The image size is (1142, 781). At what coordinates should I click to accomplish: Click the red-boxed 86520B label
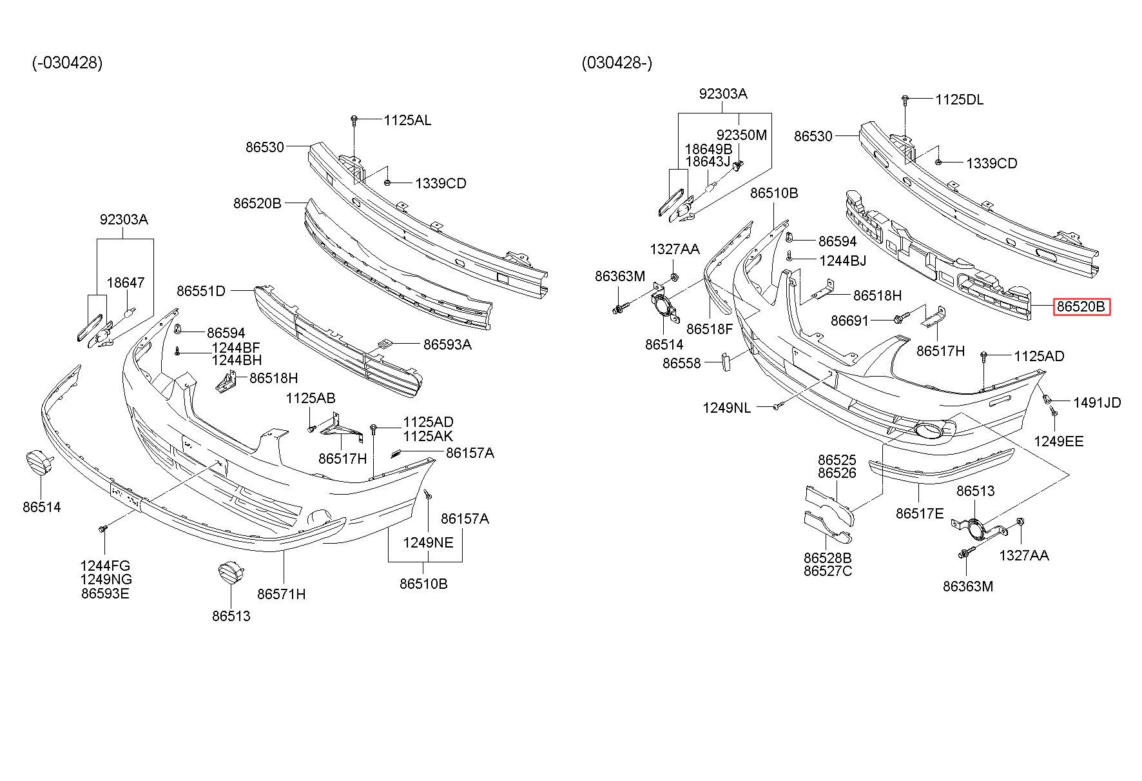pos(1082,307)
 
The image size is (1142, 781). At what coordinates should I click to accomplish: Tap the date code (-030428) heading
pos(68,63)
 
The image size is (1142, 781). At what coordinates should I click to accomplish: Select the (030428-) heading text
pos(617,63)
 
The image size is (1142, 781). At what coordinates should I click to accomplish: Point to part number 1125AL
pos(407,120)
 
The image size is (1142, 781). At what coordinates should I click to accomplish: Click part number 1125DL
pos(960,100)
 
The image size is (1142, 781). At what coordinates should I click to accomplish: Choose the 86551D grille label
pos(201,291)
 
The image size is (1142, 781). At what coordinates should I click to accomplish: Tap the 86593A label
pos(447,344)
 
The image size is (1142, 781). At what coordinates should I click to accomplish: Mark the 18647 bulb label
pos(126,282)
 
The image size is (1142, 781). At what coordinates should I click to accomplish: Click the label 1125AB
pos(311,399)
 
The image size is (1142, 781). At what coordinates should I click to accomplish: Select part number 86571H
pos(282,594)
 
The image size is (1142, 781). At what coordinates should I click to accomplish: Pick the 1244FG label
pos(105,566)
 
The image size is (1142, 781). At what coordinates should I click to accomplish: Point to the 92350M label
pos(742,135)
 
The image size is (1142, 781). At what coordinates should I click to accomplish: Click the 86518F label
pos(710,329)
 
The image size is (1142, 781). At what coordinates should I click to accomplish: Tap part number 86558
pos(681,364)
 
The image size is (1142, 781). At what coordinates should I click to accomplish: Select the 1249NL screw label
pos(726,408)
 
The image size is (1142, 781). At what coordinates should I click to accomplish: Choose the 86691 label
pos(849,321)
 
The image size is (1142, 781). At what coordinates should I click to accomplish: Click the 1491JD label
pos(1097,403)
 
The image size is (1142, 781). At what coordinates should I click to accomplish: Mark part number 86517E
pos(920,513)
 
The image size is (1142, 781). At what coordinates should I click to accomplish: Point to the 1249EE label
pos(1059,442)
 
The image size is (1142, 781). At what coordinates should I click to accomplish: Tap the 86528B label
pos(827,558)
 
